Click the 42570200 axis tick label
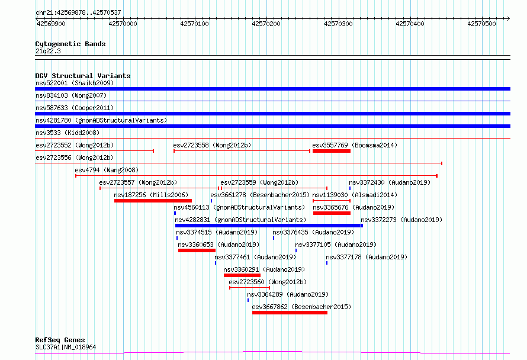(266, 24)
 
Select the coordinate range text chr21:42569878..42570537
(78, 13)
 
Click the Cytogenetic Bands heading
(70, 44)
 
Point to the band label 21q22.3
(48, 51)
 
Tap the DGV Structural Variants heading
(83, 76)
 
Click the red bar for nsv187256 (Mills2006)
(153, 201)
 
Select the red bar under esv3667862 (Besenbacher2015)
(290, 313)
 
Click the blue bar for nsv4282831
(268, 226)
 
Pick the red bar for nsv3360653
(197, 250)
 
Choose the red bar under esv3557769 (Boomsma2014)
(332, 151)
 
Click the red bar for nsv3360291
(242, 275)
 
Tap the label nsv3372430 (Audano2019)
(390, 182)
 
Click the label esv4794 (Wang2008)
(107, 170)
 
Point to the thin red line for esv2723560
(250, 288)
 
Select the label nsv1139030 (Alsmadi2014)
(355, 195)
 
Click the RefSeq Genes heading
(60, 340)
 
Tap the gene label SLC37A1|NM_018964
(66, 347)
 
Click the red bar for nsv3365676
(332, 213)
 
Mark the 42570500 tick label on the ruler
(481, 24)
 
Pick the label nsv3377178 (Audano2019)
(367, 257)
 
